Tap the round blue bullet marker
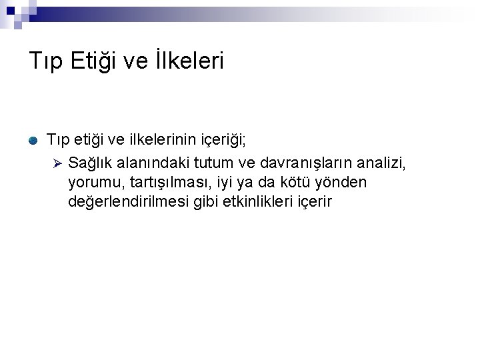[x=33, y=141]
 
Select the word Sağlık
[x=89, y=163]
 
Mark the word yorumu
[x=93, y=183]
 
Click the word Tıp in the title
[x=45, y=61]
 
